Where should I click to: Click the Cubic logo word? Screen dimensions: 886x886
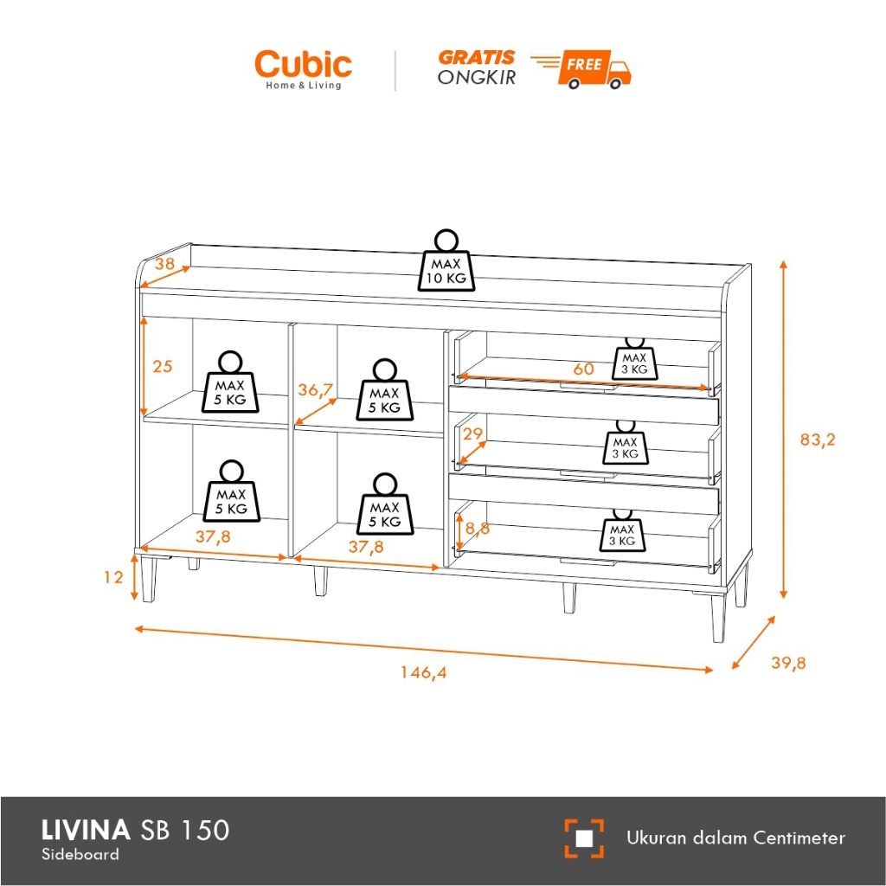click(x=303, y=65)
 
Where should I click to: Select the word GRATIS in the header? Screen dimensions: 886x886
click(x=476, y=58)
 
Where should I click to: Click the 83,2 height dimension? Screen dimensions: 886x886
click(x=817, y=440)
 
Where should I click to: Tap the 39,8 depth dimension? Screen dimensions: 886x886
click(x=787, y=663)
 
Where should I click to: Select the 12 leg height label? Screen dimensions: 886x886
click(x=114, y=576)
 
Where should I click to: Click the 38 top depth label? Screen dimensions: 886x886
click(x=164, y=265)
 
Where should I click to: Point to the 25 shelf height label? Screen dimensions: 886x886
click(x=163, y=366)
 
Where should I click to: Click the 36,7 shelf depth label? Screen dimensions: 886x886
click(x=316, y=390)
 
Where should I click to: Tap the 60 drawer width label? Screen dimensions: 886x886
click(x=584, y=369)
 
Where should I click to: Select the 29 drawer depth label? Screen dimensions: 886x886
click(x=473, y=433)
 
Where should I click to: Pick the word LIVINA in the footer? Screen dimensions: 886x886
click(x=86, y=831)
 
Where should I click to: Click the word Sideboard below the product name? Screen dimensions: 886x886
click(x=80, y=855)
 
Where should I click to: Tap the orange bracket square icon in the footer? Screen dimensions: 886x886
click(x=584, y=838)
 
